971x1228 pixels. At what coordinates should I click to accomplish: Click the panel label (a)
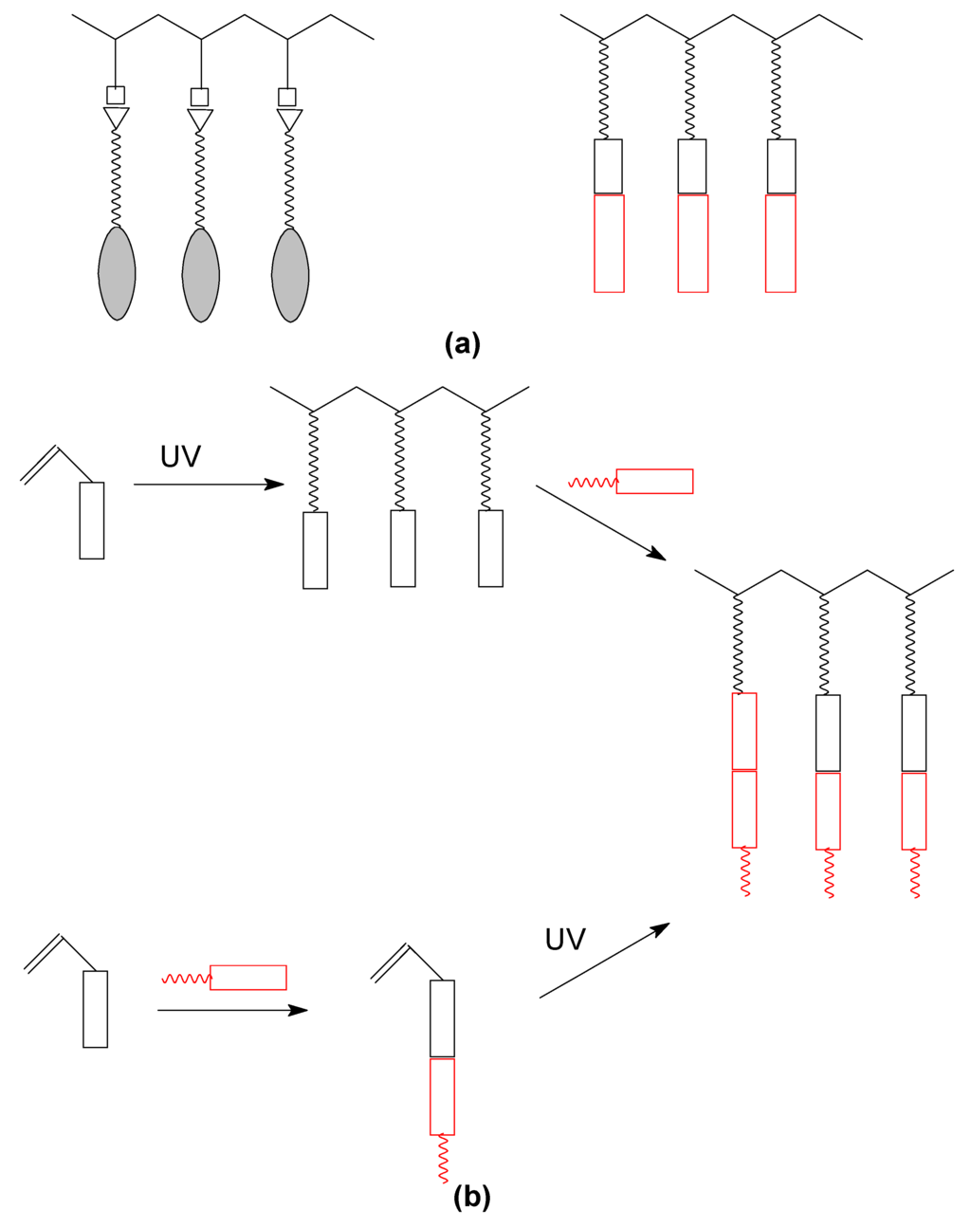coord(463,343)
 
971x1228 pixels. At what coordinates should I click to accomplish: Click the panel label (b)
coord(472,1197)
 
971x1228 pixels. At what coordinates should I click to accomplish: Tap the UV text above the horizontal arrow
coord(180,457)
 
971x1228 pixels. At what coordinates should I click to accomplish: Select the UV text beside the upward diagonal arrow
coord(565,940)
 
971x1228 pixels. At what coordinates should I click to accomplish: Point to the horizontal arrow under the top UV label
coord(209,485)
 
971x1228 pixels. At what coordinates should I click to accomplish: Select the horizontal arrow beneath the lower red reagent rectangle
coord(232,1010)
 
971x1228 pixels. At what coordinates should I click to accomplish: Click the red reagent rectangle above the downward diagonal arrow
coord(654,481)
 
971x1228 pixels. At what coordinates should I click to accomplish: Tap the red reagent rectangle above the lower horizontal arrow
coord(247,977)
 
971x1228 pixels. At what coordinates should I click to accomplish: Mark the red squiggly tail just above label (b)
coord(443,1159)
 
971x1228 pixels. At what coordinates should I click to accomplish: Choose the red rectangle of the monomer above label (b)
coord(442,1096)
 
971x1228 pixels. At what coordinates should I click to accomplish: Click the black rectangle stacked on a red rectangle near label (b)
coord(442,1018)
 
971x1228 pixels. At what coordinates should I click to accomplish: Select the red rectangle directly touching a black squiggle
coord(744,731)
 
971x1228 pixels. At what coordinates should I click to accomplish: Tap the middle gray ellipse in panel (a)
coord(201,274)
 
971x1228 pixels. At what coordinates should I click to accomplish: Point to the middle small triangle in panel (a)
coord(200,119)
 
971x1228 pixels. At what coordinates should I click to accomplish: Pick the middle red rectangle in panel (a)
coord(693,244)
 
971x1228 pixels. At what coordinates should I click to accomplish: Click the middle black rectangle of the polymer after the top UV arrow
coord(403,548)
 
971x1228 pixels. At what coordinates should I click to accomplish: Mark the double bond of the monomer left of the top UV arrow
coord(40,466)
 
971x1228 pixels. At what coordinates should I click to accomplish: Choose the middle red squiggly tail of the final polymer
coord(830,873)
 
